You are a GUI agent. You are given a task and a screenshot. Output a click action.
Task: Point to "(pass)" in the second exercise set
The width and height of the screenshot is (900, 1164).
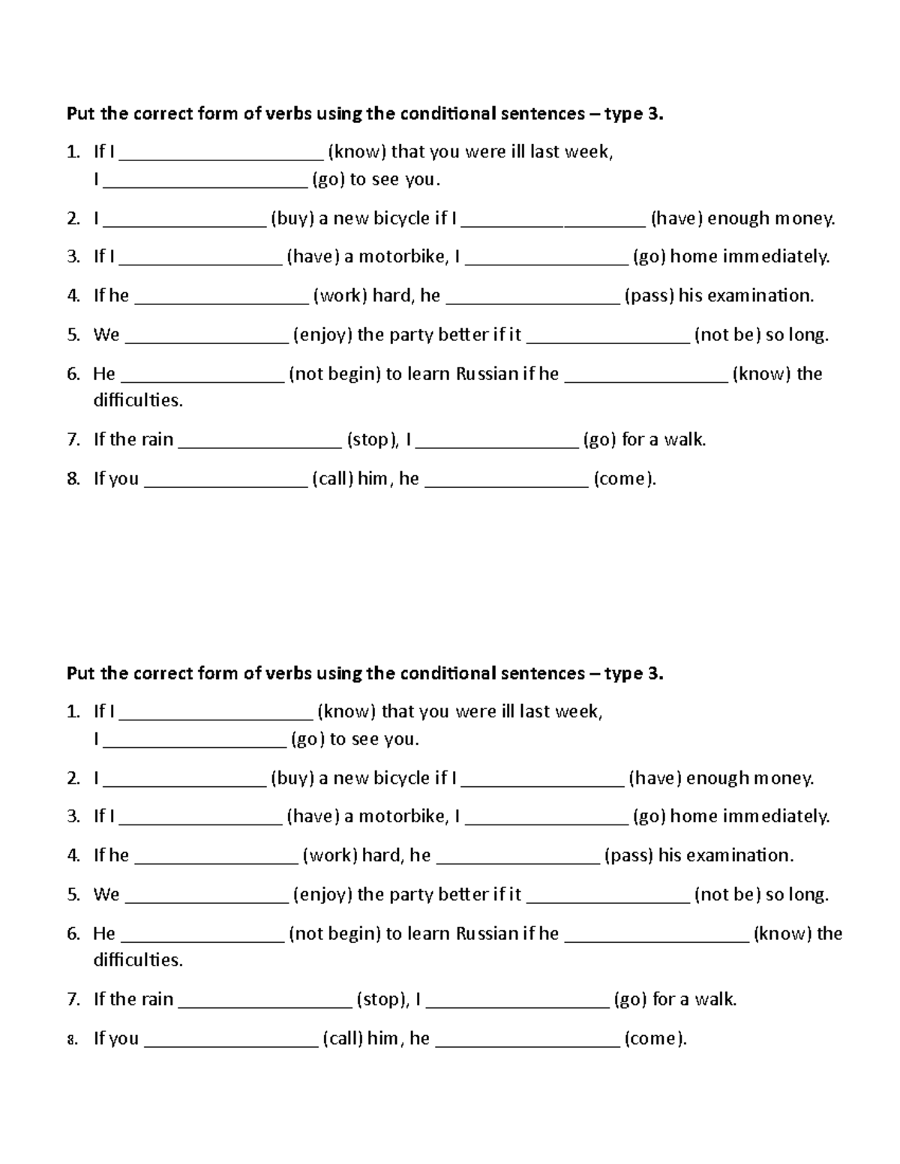tap(628, 855)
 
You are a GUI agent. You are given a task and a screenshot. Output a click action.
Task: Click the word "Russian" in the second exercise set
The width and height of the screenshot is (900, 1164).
tap(487, 933)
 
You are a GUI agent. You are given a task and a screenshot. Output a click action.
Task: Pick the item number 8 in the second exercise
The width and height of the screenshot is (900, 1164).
tap(72, 1039)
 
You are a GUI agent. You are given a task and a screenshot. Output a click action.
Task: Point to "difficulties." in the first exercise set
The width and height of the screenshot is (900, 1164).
tap(138, 400)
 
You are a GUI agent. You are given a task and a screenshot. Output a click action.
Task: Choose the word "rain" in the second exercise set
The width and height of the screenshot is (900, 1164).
tap(157, 999)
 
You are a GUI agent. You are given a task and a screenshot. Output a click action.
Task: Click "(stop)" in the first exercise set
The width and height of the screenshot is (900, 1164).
tap(372, 439)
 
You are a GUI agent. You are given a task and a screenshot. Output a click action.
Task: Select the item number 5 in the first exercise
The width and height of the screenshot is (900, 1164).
tap(73, 335)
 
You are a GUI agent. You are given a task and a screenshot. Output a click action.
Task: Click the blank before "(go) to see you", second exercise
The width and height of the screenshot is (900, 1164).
tap(195, 742)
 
